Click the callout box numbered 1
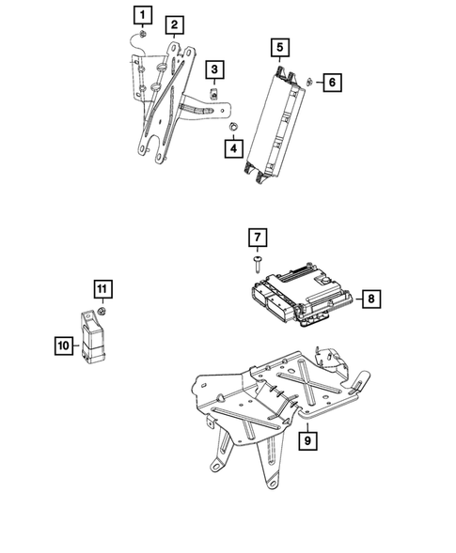[140, 14]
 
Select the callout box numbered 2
[175, 24]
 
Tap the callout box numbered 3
[215, 69]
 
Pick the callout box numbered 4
[231, 146]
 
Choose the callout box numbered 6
[330, 83]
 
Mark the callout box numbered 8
[370, 299]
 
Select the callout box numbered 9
[307, 438]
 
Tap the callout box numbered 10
[62, 346]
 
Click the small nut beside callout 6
[309, 82]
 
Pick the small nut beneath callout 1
[139, 36]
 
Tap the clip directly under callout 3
[215, 92]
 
